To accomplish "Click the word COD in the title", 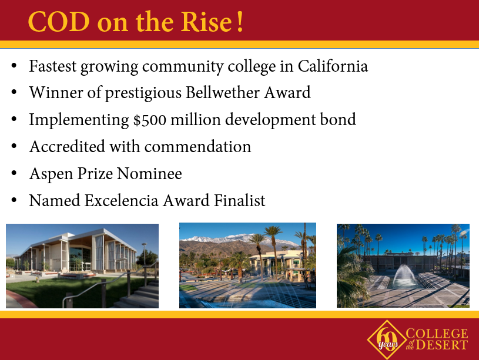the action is [59, 22].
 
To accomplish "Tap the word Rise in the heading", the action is [206, 22].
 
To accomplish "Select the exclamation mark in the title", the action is [240, 21].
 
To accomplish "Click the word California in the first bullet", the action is [333, 66].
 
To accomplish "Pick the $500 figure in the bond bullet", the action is [150, 119].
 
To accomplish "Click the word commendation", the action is [197, 147].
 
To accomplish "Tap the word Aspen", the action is [51, 174].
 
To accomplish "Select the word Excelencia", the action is [121, 201].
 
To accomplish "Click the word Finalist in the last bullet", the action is [240, 201].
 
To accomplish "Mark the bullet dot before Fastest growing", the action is [14, 66].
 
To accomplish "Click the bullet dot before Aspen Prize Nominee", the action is [14, 173].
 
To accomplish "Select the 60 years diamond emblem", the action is [387, 339].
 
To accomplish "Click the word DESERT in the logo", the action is [442, 345].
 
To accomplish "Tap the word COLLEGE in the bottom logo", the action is [437, 334].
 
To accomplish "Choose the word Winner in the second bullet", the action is [56, 93].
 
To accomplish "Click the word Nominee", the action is [149, 173].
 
